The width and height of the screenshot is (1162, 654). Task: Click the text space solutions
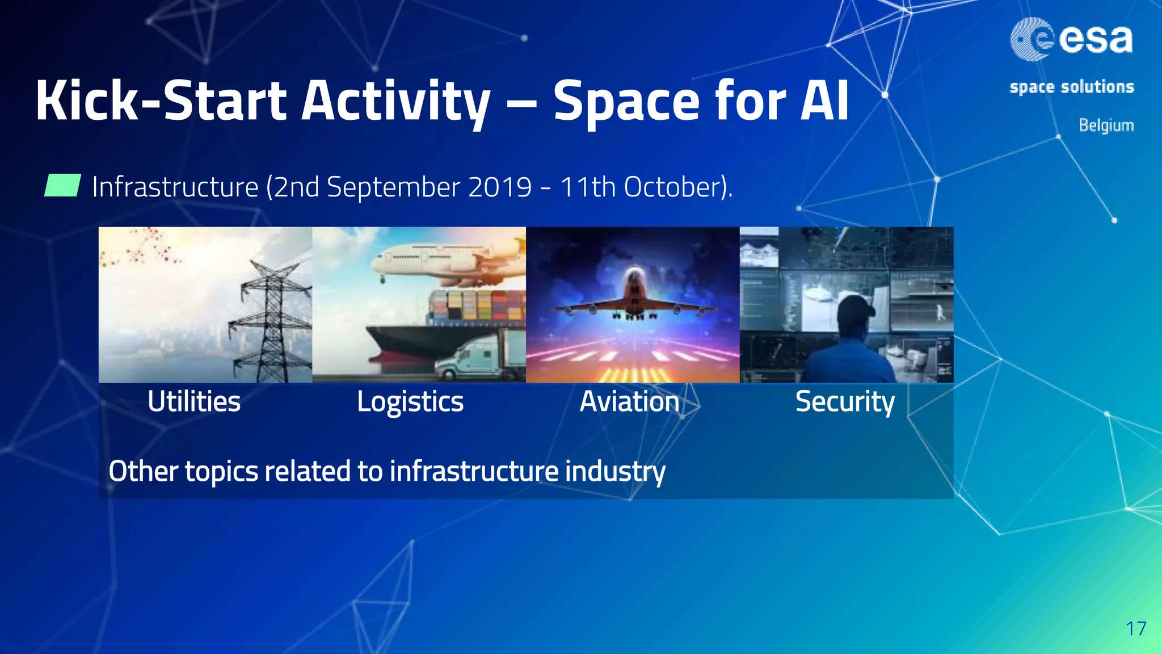1071,87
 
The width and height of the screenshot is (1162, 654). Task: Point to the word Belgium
1106,125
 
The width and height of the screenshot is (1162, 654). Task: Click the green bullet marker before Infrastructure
62,186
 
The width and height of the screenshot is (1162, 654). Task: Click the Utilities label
194,401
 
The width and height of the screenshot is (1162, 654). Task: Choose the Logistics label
410,402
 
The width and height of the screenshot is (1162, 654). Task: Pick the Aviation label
629,401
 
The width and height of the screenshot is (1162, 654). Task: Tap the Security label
844,402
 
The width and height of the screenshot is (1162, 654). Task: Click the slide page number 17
1136,628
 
